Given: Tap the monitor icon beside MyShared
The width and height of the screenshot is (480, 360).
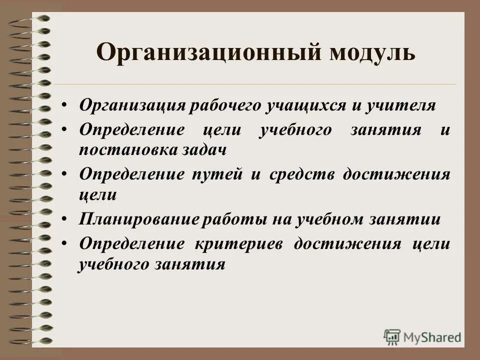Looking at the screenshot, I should [392, 336].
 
